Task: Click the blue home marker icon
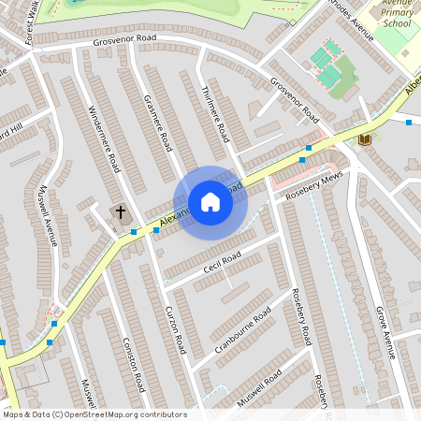[210, 202]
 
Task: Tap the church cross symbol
[120, 212]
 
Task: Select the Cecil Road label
[223, 263]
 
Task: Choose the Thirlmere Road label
[214, 113]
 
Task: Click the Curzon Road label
[175, 328]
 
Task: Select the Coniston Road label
[134, 364]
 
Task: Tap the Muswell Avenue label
[48, 215]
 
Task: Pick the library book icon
[365, 139]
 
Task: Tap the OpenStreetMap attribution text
[94, 414]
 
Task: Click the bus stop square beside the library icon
[409, 122]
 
